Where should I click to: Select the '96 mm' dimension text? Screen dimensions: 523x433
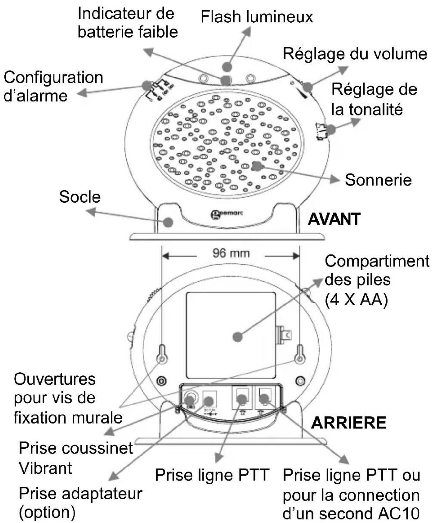click(x=231, y=253)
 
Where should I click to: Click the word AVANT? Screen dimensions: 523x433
click(x=334, y=220)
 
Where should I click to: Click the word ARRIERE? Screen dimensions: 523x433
click(x=349, y=423)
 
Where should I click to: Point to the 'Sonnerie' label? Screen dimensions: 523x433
click(x=378, y=180)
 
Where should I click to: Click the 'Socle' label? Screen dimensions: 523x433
click(x=80, y=197)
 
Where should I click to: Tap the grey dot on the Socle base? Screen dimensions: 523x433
click(x=168, y=222)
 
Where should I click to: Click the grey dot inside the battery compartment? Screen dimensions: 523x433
click(x=238, y=337)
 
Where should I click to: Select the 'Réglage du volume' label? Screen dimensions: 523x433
click(x=355, y=54)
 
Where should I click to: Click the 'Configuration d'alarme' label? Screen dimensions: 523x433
click(x=53, y=87)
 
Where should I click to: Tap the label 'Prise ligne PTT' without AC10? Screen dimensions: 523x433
click(x=212, y=475)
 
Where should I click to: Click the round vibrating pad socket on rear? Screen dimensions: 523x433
click(x=190, y=400)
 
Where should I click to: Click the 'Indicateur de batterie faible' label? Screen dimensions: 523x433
click(x=128, y=23)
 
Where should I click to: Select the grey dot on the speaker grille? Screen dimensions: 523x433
click(x=257, y=166)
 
